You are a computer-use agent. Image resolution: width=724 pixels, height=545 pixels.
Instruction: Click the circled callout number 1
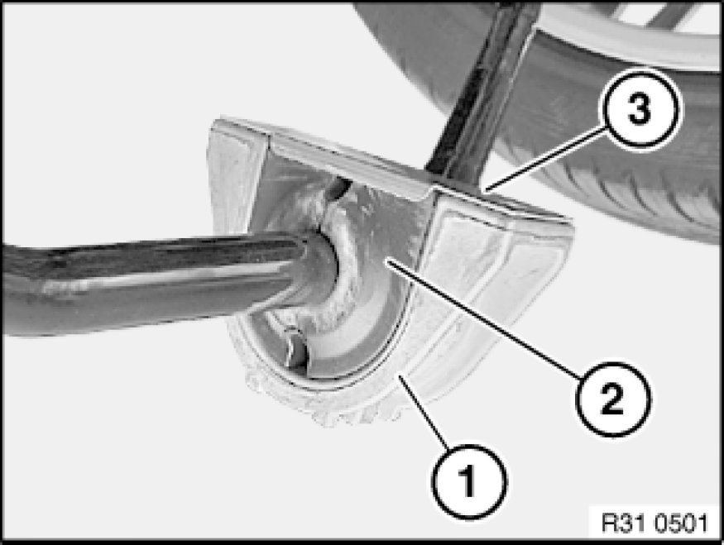(468, 481)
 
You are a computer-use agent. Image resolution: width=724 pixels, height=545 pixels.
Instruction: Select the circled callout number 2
(613, 399)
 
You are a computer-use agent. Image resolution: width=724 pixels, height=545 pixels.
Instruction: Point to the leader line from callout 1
(424, 412)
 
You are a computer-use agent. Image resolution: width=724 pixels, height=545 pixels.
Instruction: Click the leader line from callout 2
(484, 319)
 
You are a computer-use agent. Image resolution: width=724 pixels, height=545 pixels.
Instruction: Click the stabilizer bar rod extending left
(152, 281)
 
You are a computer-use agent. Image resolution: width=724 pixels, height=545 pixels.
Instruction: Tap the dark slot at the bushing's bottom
(295, 351)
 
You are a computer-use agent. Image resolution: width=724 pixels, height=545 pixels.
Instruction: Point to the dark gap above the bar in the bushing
(339, 189)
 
